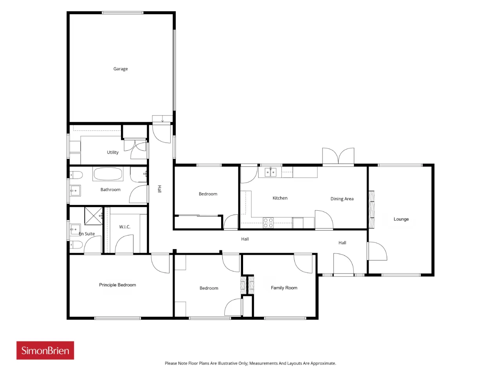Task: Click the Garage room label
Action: (121, 69)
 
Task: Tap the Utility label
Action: (112, 152)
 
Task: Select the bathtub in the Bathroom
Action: (108, 174)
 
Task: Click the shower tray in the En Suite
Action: (94, 216)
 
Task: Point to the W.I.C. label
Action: (124, 227)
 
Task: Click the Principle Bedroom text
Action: (117, 285)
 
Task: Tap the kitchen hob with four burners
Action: (268, 222)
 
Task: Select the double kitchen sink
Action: (270, 172)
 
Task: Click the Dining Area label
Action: (342, 199)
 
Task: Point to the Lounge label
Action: (401, 219)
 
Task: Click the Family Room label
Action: (284, 287)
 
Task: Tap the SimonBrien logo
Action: (45, 350)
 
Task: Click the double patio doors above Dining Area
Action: (338, 156)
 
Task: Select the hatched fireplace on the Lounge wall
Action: (371, 209)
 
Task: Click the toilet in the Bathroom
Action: (76, 175)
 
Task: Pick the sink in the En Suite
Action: (75, 230)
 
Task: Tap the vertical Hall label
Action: (160, 189)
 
